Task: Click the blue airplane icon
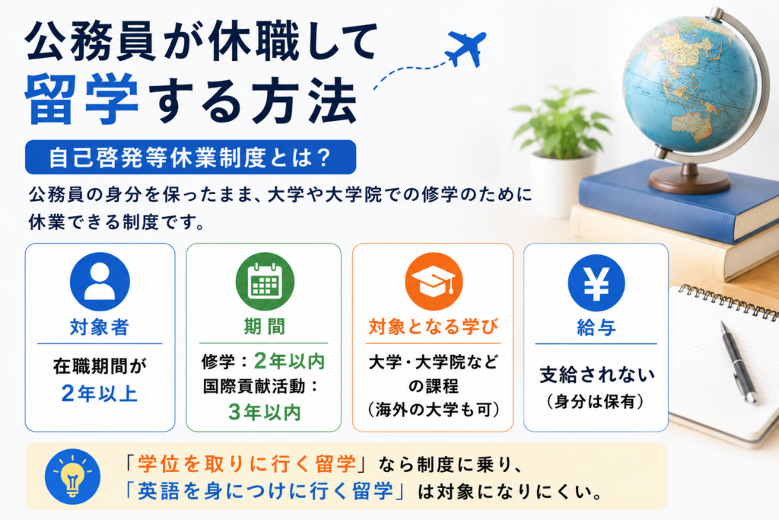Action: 466,48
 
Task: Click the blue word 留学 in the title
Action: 81,100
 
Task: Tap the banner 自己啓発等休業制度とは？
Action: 190,157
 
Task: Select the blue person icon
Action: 100,282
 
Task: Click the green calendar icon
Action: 265,281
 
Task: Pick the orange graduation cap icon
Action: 434,282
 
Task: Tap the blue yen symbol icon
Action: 596,282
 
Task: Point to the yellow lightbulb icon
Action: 72,477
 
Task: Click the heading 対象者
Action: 100,327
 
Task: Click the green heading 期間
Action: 264,327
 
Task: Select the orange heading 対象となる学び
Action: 433,327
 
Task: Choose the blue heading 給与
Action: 596,327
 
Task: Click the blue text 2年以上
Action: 100,394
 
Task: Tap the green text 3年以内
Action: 264,412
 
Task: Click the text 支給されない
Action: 596,375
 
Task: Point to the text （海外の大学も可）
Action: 433,410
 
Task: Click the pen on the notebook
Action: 738,361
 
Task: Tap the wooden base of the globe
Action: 689,181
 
